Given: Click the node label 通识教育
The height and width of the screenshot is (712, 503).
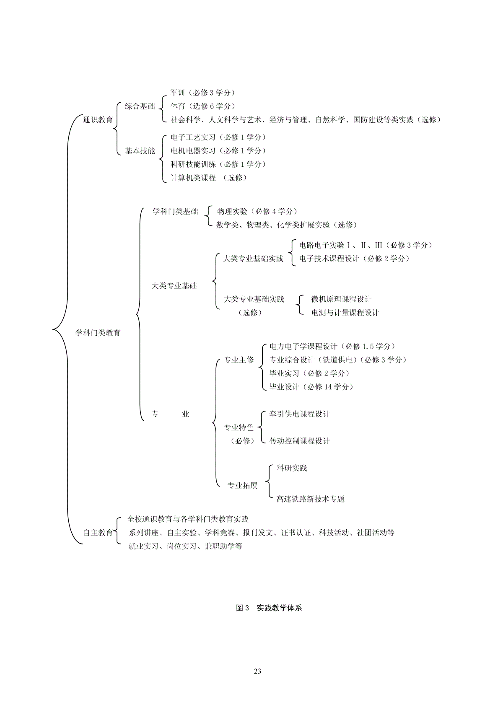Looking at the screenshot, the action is pyautogui.click(x=98, y=120).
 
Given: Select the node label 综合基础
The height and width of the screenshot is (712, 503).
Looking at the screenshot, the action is pyautogui.click(x=140, y=106).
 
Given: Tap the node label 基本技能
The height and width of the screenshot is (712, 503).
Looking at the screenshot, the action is pyautogui.click(x=140, y=151).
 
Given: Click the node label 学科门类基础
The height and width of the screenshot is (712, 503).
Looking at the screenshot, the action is pyautogui.click(x=175, y=211).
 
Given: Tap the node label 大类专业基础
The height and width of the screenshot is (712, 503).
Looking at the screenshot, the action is pyautogui.click(x=174, y=286).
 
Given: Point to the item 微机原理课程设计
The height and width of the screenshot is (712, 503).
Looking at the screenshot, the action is pyautogui.click(x=341, y=299).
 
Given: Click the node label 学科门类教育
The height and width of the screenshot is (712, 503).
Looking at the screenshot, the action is pyautogui.click(x=98, y=333).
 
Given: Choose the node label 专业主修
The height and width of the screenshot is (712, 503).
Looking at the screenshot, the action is pyautogui.click(x=239, y=360).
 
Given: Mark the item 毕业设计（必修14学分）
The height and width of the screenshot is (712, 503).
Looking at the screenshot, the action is pyautogui.click(x=312, y=387).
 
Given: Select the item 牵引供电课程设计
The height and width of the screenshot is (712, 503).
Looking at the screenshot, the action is pyautogui.click(x=300, y=414).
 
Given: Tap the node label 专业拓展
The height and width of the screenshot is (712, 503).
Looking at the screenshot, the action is pyautogui.click(x=243, y=485).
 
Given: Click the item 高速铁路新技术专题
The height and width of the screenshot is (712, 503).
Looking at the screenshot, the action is pyautogui.click(x=310, y=499).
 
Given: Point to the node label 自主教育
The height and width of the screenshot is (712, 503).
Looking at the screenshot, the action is pyautogui.click(x=98, y=533).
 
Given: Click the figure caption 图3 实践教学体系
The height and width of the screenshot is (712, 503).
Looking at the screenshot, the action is pyautogui.click(x=269, y=608).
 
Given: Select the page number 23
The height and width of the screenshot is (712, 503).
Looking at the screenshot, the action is pyautogui.click(x=257, y=671).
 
